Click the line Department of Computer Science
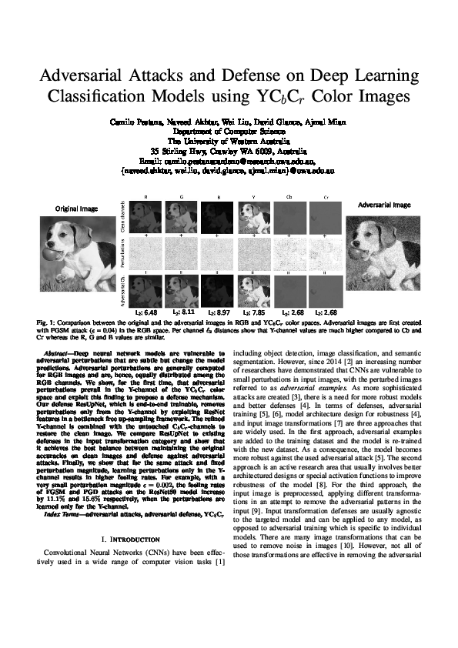pyautogui.click(x=229, y=132)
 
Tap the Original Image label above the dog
pyautogui.click(x=75, y=208)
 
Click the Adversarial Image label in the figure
pyautogui.click(x=386, y=205)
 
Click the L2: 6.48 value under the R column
pyautogui.click(x=145, y=313)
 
